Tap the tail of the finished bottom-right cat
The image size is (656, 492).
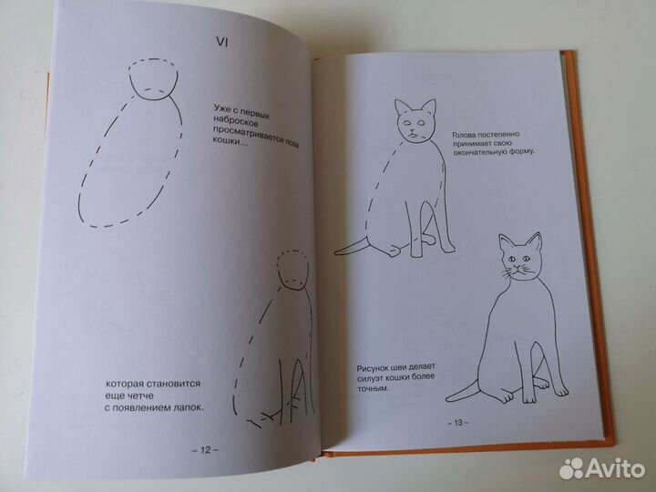(x=465, y=391)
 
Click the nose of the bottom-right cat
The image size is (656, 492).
(x=520, y=271)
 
